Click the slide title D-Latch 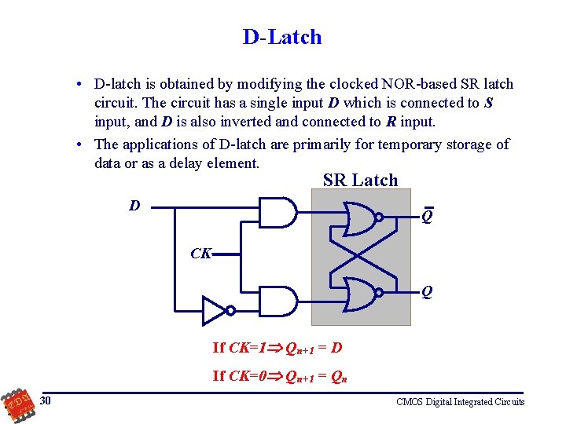click(282, 37)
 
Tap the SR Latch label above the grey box click(360, 180)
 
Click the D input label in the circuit click(135, 206)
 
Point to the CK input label click(200, 254)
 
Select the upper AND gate click(277, 212)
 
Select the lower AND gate click(277, 301)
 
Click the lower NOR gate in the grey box click(358, 292)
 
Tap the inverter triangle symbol click(214, 310)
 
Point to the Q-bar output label click(426, 215)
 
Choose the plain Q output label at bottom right click(426, 292)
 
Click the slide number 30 click(46, 401)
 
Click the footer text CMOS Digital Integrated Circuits click(460, 402)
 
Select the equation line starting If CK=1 click(277, 347)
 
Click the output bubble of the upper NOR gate click(379, 217)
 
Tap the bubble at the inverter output click(230, 310)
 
